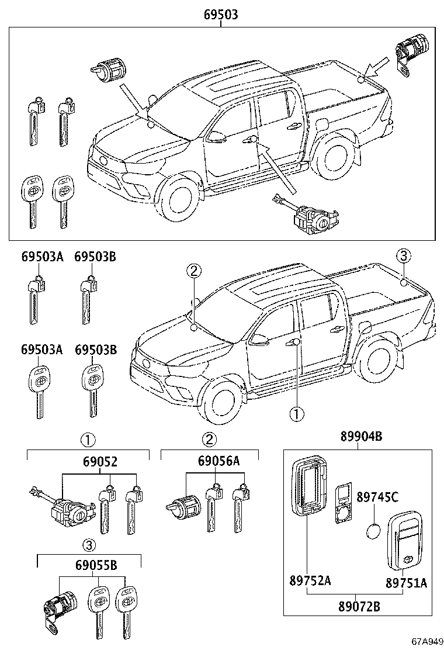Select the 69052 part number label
point(100,462)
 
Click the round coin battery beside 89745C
point(372,532)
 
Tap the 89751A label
point(406,583)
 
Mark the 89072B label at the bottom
point(359,606)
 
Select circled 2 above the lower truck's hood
point(194,271)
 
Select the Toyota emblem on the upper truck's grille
point(103,160)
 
